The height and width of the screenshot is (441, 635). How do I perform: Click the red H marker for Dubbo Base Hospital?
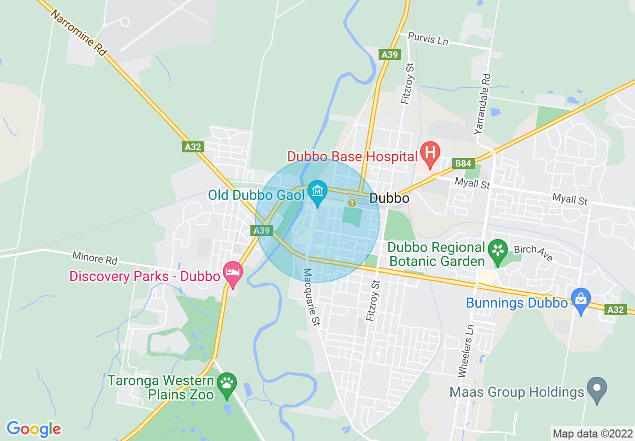pyautogui.click(x=429, y=153)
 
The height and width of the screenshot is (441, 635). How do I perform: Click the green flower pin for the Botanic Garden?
pyautogui.click(x=498, y=250)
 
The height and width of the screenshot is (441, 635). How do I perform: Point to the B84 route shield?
pyautogui.click(x=463, y=163)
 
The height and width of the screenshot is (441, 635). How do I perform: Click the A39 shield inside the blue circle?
pyautogui.click(x=261, y=231)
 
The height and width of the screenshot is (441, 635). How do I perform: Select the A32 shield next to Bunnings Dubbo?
pyautogui.click(x=615, y=310)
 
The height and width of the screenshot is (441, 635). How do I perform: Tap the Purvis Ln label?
pyautogui.click(x=428, y=39)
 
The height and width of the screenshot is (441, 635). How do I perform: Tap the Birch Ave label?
pyautogui.click(x=533, y=253)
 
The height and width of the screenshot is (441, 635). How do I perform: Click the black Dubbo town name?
pyautogui.click(x=389, y=198)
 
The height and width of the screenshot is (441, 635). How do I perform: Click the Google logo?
pyautogui.click(x=34, y=429)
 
